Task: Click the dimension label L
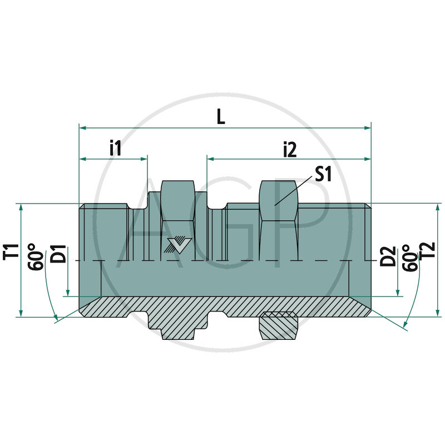221,117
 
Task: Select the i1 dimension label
115,148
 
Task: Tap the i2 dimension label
290,149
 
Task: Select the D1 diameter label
58,254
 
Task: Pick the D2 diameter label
388,257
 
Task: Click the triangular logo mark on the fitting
178,244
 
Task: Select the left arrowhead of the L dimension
83,128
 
